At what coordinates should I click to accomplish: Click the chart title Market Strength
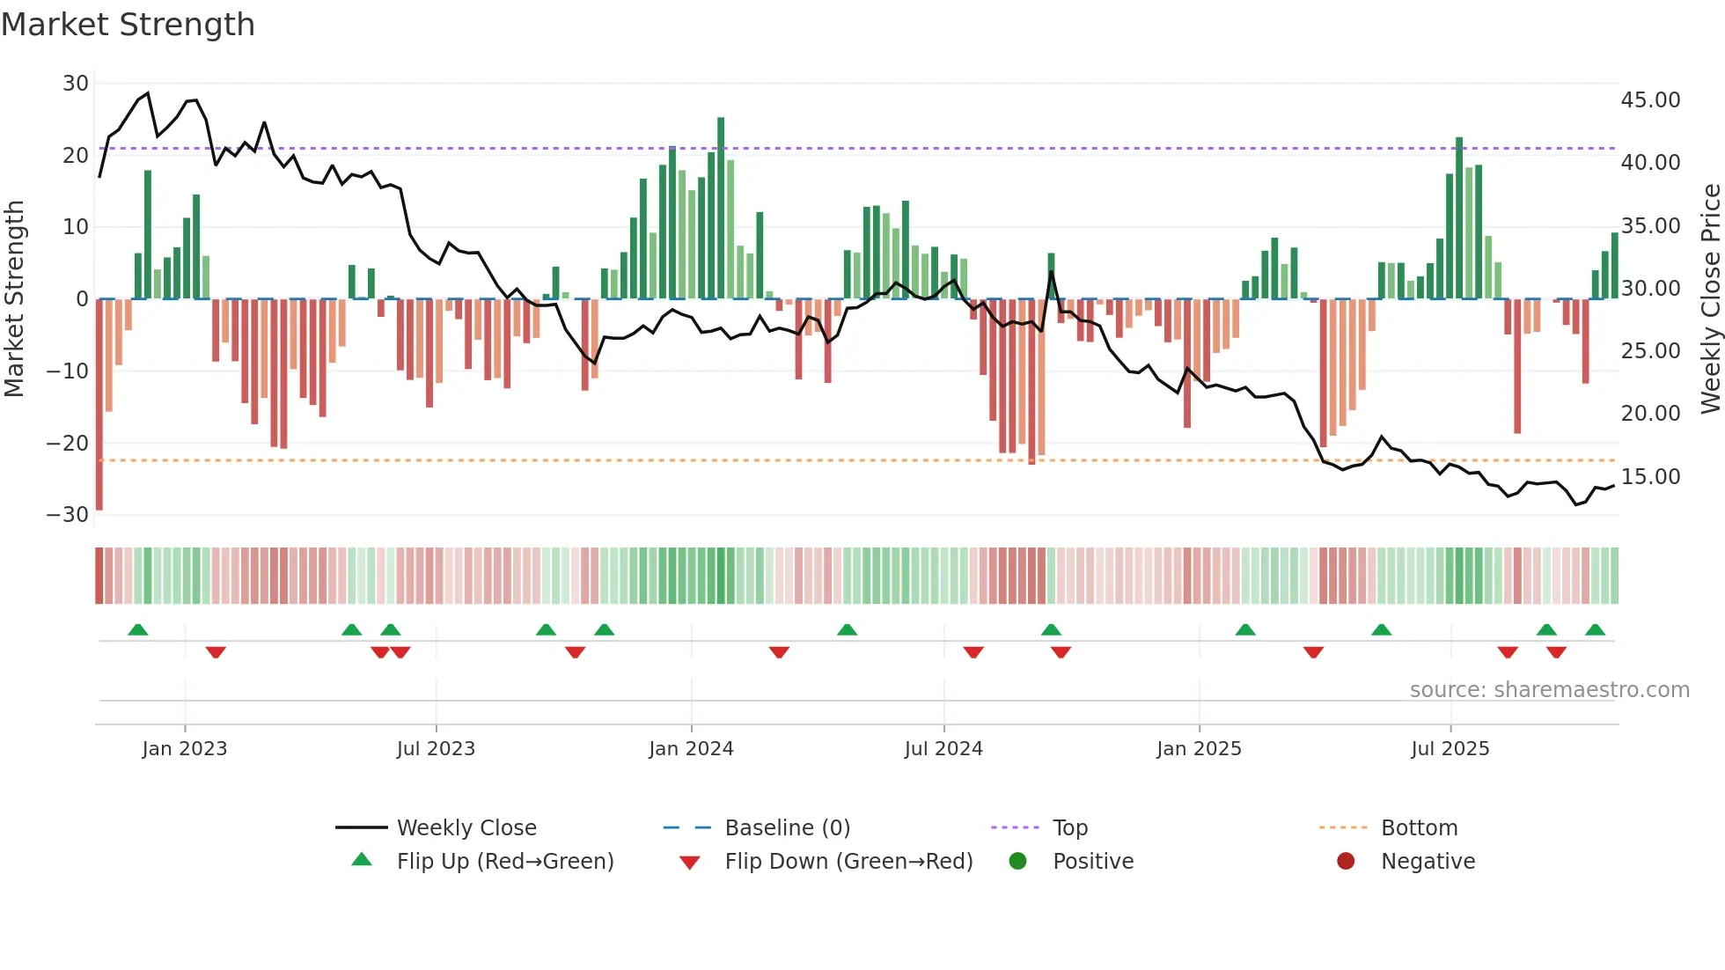tap(128, 25)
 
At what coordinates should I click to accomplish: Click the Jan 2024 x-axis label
tap(691, 748)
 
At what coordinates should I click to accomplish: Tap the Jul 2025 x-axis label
tap(1450, 748)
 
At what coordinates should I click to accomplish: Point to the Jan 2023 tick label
tap(185, 748)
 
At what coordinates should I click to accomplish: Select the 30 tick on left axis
tap(76, 84)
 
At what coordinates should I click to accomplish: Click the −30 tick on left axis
tap(68, 515)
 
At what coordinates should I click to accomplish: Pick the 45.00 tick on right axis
tap(1650, 100)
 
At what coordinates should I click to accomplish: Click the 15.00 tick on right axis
tap(1650, 477)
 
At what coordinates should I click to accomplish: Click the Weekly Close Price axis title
tap(1710, 299)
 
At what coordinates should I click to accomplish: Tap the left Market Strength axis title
tap(14, 299)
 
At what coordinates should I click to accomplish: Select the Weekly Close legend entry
tap(466, 828)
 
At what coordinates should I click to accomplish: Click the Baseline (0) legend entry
tap(787, 828)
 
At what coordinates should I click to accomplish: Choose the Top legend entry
tap(1070, 828)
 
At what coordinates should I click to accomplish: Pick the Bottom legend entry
tap(1419, 828)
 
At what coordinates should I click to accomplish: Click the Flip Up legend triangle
tap(362, 860)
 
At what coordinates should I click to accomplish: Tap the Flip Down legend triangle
tap(690, 863)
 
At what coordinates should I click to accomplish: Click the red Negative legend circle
tap(1346, 861)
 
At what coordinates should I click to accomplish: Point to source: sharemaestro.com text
tap(1549, 690)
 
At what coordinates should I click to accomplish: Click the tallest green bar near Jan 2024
tap(721, 208)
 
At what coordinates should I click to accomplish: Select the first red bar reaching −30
tap(99, 405)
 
